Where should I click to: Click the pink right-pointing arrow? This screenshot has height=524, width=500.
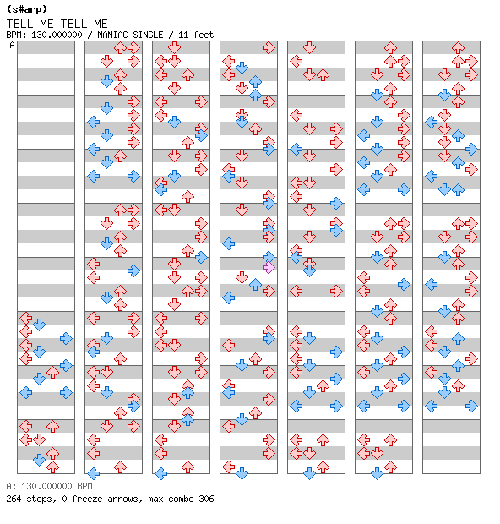click(x=269, y=267)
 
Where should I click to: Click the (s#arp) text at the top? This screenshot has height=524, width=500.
click(x=27, y=9)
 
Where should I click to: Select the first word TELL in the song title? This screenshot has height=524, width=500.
click(x=19, y=24)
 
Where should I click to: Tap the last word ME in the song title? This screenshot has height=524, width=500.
click(x=101, y=24)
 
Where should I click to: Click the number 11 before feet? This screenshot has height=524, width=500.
click(x=183, y=35)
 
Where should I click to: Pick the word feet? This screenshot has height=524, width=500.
click(x=204, y=35)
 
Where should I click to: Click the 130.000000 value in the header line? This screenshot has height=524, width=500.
click(x=57, y=35)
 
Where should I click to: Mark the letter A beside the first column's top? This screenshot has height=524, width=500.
click(x=13, y=45)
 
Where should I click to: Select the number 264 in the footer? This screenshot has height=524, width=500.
click(x=14, y=499)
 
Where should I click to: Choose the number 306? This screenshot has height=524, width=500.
click(x=206, y=499)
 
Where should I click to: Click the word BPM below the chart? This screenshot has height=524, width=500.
click(x=84, y=486)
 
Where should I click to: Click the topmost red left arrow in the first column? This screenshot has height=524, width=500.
click(x=25, y=318)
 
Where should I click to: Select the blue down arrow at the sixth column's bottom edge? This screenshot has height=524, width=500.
click(x=377, y=473)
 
